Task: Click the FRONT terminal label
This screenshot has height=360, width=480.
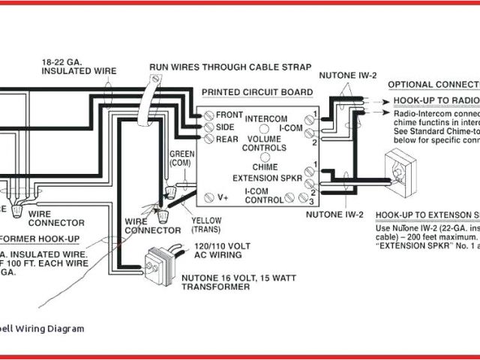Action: click(x=229, y=115)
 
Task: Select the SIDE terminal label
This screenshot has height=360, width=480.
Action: click(x=226, y=127)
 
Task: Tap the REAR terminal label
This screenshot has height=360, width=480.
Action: click(x=227, y=139)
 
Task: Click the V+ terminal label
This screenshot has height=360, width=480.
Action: click(x=223, y=199)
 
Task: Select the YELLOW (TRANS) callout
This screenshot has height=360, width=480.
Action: click(x=206, y=225)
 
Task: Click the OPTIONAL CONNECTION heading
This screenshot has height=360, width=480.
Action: click(x=433, y=84)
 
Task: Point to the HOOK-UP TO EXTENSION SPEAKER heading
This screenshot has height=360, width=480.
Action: click(x=427, y=214)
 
